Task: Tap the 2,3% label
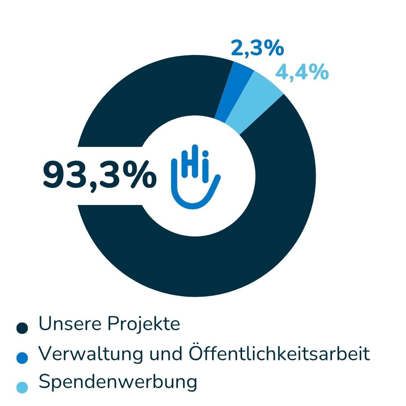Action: click(x=257, y=49)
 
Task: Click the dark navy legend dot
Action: click(x=23, y=327)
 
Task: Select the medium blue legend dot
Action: click(x=23, y=358)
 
